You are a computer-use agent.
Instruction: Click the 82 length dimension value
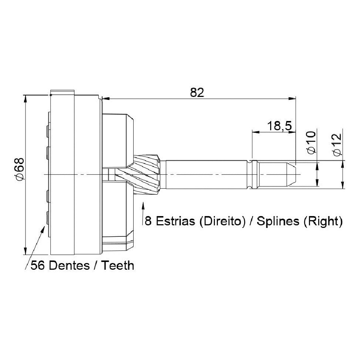point(197,92)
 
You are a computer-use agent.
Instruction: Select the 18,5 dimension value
point(279,126)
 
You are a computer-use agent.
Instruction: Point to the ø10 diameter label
point(311,142)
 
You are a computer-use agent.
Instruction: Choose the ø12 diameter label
point(337,145)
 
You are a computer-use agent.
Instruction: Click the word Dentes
point(69,266)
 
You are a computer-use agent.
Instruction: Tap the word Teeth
point(118,266)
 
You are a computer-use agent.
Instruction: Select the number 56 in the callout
point(38,266)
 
